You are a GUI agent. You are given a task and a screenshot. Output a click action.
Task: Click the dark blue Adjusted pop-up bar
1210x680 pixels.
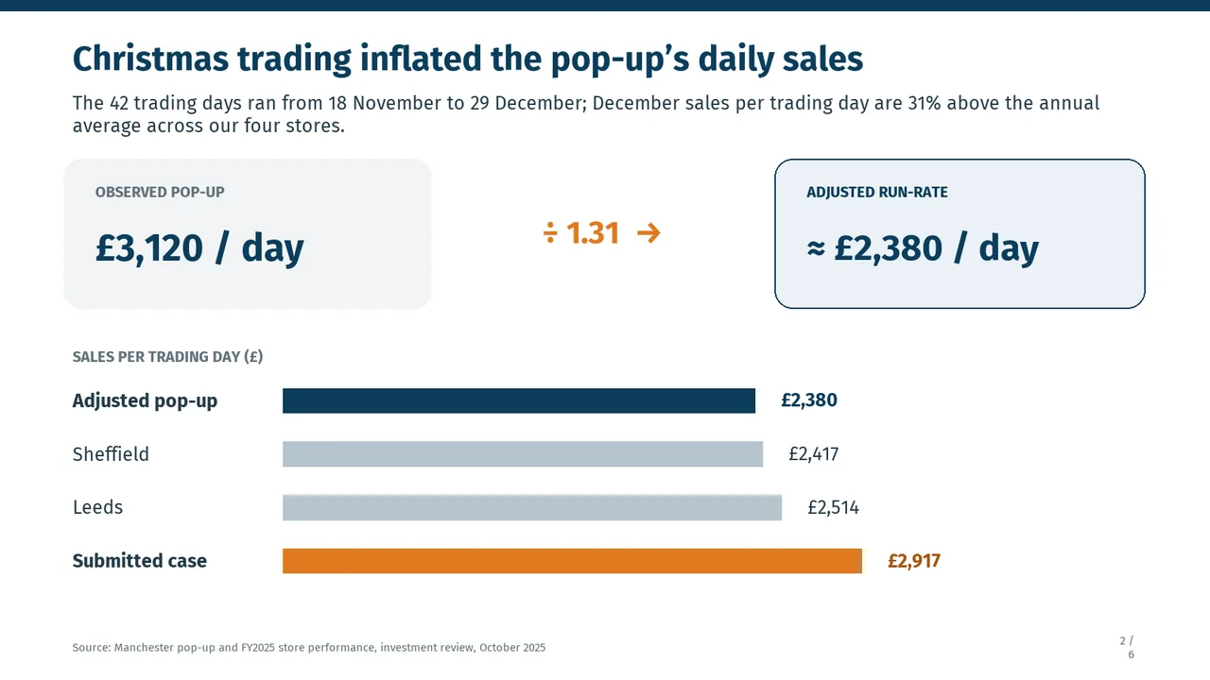(x=519, y=400)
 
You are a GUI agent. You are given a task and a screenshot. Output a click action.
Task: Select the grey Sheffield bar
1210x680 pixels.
(x=523, y=454)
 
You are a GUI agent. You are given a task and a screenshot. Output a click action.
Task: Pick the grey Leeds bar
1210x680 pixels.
(x=532, y=507)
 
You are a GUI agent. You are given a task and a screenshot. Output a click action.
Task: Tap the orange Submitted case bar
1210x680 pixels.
(x=572, y=561)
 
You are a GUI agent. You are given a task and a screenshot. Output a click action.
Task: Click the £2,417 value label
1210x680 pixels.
(x=814, y=454)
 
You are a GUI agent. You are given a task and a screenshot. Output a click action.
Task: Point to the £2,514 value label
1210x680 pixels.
(x=833, y=508)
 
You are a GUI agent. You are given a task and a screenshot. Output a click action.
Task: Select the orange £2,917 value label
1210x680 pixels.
(x=914, y=561)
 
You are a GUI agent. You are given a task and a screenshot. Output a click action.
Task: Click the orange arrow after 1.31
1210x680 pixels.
(x=648, y=233)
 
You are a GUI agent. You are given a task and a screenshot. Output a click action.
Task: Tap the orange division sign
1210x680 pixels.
(x=550, y=233)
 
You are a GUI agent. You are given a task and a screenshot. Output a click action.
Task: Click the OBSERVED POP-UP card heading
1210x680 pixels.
(x=160, y=192)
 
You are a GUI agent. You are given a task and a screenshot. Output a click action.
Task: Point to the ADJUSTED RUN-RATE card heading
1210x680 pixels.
(x=876, y=192)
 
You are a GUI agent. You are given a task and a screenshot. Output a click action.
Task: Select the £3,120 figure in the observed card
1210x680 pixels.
(x=149, y=248)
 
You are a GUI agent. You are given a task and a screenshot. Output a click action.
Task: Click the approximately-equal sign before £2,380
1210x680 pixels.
(x=816, y=248)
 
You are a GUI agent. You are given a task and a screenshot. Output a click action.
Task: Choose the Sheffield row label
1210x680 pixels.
(x=111, y=454)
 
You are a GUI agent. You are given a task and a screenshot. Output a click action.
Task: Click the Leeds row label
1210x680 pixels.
(x=97, y=507)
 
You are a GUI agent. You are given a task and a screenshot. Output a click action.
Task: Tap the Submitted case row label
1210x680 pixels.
(x=139, y=561)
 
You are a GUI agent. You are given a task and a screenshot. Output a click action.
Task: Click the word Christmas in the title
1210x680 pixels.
(x=150, y=59)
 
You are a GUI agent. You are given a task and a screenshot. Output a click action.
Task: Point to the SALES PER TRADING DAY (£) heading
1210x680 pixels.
(x=167, y=357)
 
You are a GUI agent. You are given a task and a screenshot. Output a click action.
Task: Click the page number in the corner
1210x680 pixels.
(x=1128, y=647)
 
